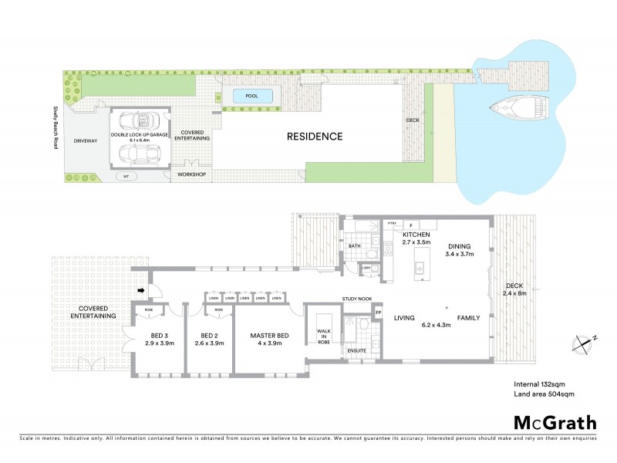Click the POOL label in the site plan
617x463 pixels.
(x=251, y=96)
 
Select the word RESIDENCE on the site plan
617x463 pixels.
(x=314, y=137)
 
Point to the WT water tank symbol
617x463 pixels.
(x=126, y=176)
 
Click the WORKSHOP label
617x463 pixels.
(x=193, y=175)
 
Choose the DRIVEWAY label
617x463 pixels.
(x=86, y=141)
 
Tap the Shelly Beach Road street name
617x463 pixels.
(x=56, y=128)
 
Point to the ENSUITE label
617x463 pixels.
(x=356, y=350)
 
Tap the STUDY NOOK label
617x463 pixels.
(x=357, y=299)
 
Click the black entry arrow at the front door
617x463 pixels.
(x=140, y=291)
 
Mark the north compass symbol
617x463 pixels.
(x=585, y=341)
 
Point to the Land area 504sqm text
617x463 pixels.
(x=545, y=394)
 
